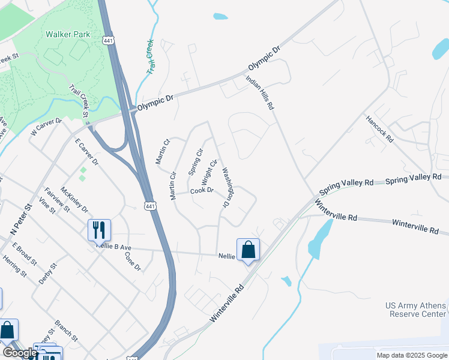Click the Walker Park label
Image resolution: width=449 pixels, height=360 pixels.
coord(68,34)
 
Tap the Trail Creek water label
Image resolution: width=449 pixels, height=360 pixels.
coord(149,58)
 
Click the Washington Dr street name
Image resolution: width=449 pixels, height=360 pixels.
coord(227,187)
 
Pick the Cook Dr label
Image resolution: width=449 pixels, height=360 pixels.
coord(202,191)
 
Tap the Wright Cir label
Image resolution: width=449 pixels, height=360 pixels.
coord(208,172)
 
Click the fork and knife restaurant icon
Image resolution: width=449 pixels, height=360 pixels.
coord(99,230)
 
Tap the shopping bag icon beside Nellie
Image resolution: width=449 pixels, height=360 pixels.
coord(249,250)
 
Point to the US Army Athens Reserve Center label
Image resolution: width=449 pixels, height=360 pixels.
coord(415,310)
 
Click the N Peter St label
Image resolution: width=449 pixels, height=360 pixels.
coord(21,219)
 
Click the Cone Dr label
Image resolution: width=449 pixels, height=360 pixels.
coord(132,260)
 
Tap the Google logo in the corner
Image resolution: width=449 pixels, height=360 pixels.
coord(19,353)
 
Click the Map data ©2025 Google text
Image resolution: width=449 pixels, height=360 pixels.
coord(411,355)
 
